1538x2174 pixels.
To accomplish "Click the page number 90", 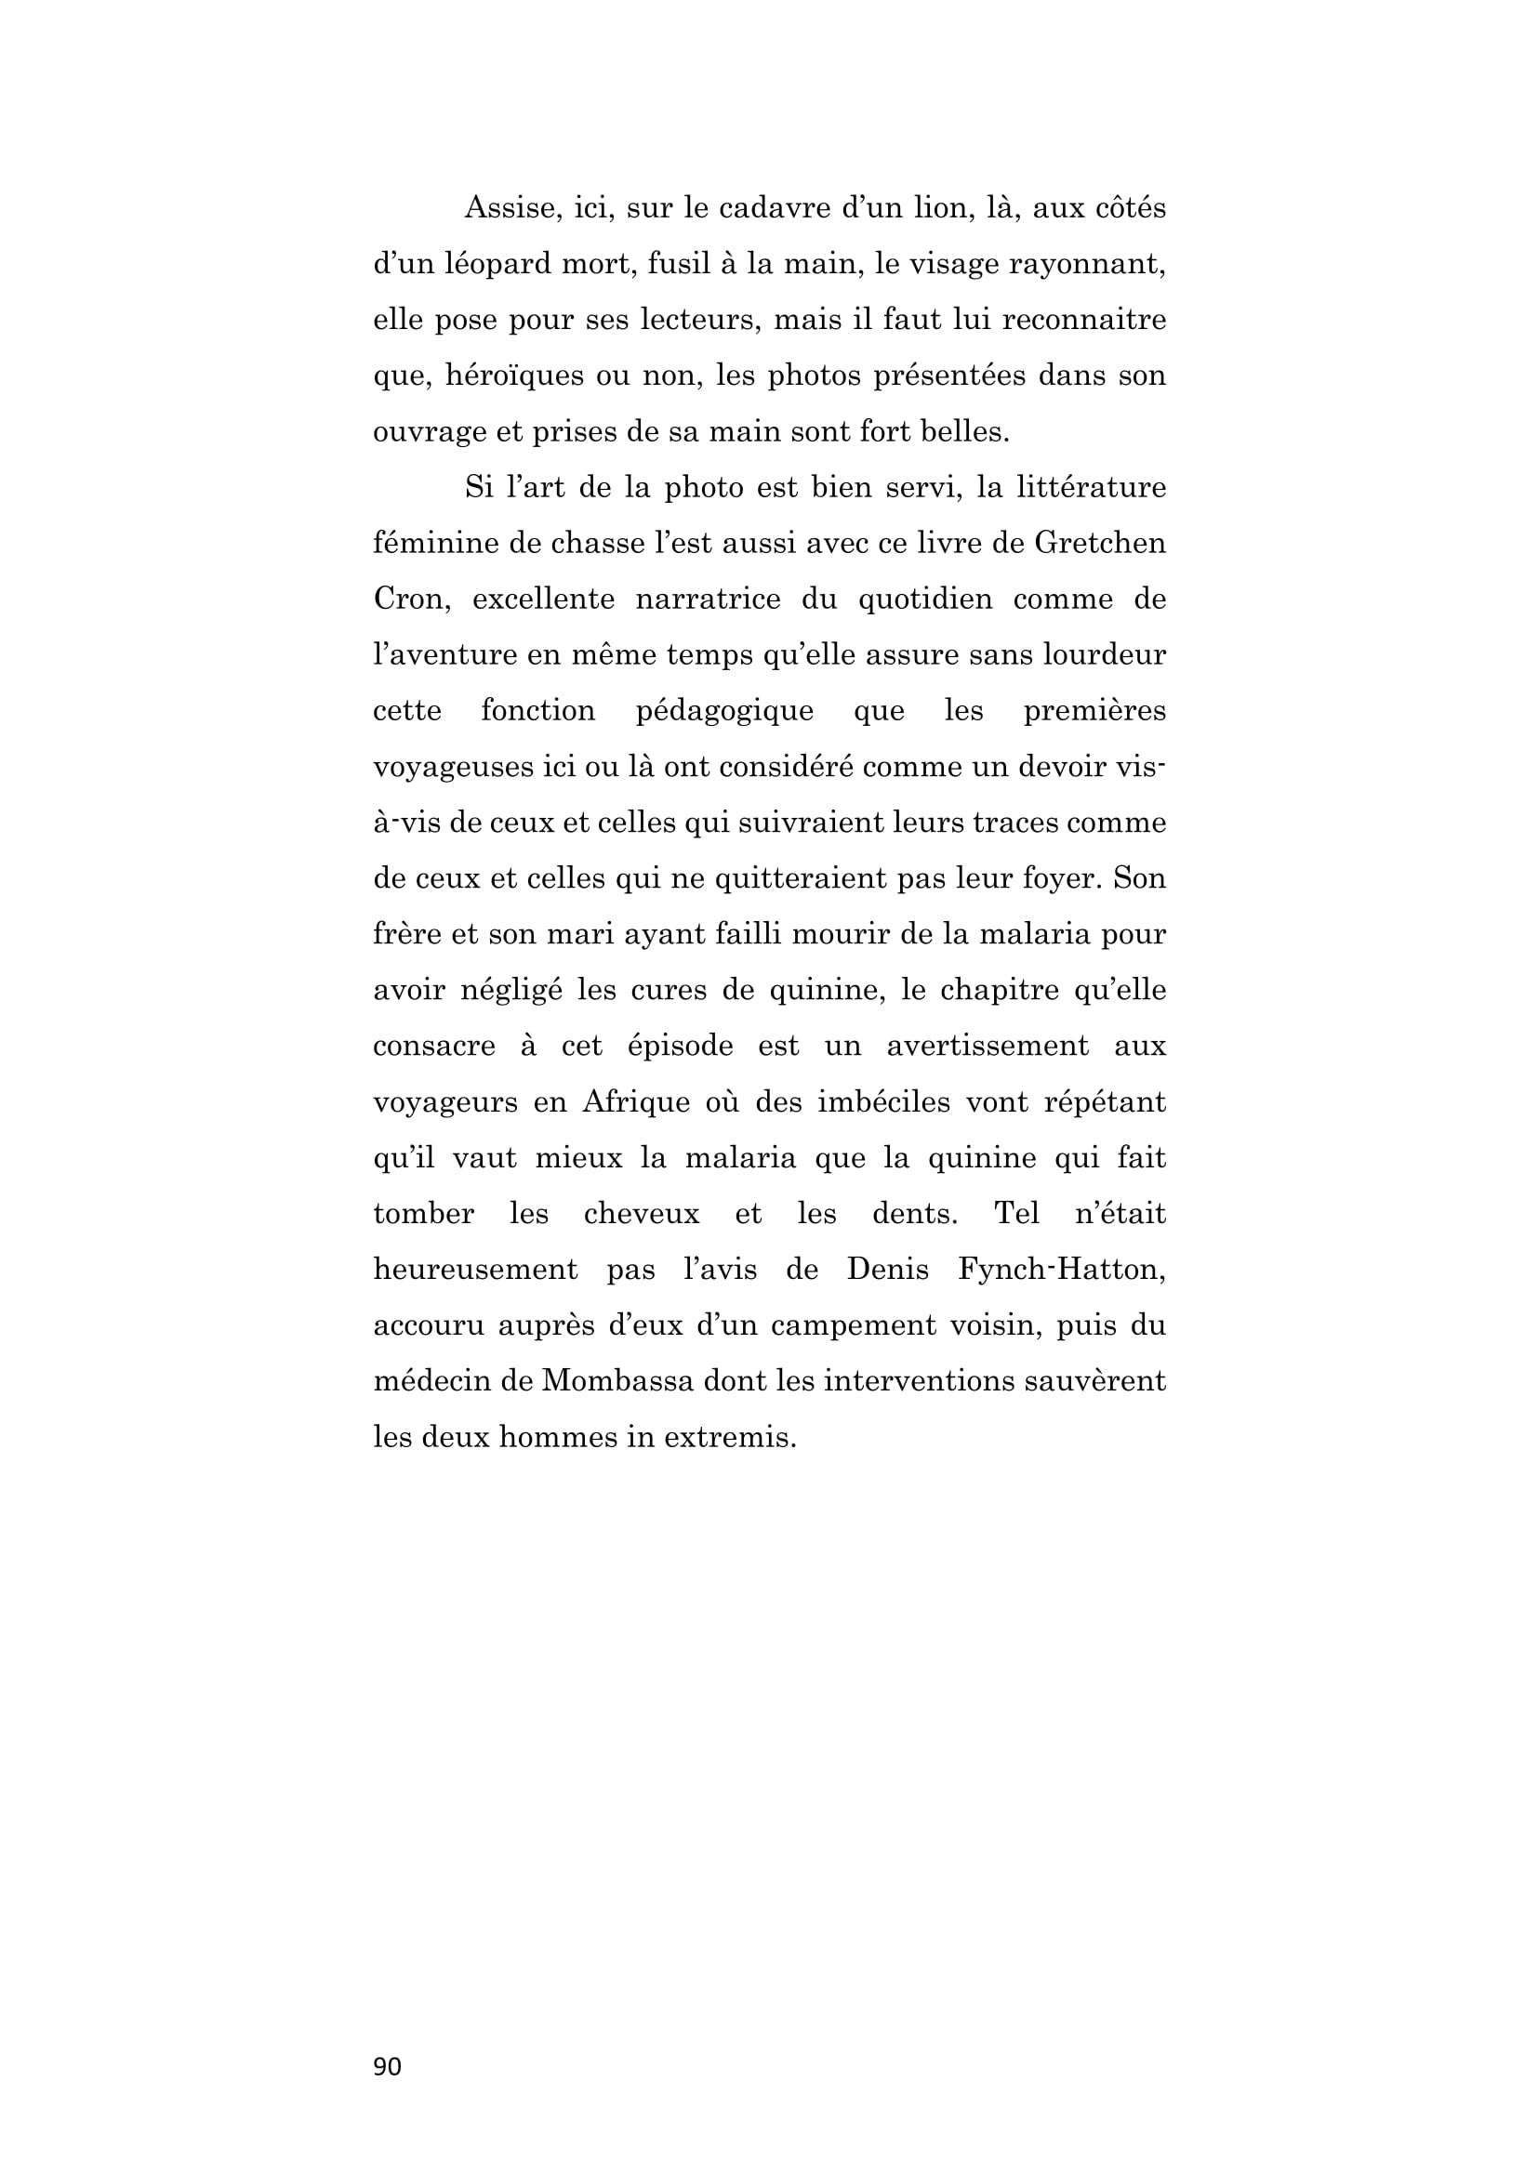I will [x=388, y=2066].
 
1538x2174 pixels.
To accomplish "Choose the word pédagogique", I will [x=724, y=711].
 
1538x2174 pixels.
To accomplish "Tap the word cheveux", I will [x=642, y=1214].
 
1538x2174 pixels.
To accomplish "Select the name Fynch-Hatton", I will [x=1061, y=1270].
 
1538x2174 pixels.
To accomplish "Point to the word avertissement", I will [x=987, y=1047].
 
